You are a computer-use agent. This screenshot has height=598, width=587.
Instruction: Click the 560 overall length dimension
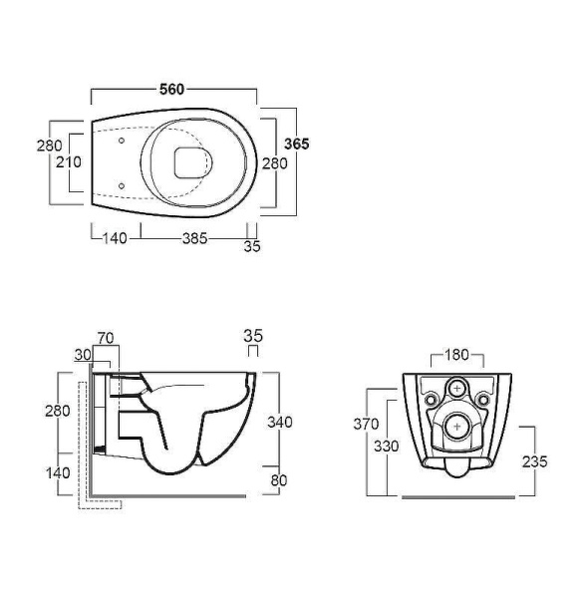(x=171, y=90)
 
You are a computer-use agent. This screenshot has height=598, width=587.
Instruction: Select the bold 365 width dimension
(x=297, y=144)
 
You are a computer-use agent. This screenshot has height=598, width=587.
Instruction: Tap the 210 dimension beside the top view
(x=69, y=162)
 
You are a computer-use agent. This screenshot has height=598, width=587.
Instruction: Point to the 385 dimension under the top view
(x=195, y=239)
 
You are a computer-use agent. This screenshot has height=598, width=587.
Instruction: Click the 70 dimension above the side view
(x=106, y=338)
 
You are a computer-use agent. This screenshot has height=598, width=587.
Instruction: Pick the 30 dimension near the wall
(x=83, y=355)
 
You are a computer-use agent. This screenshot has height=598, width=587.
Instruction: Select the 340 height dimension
(x=280, y=423)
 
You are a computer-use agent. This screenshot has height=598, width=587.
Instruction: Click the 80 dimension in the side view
(x=279, y=480)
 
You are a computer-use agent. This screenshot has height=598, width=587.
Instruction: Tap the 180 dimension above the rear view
(x=456, y=355)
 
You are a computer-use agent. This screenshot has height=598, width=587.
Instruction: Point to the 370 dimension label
(x=366, y=425)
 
